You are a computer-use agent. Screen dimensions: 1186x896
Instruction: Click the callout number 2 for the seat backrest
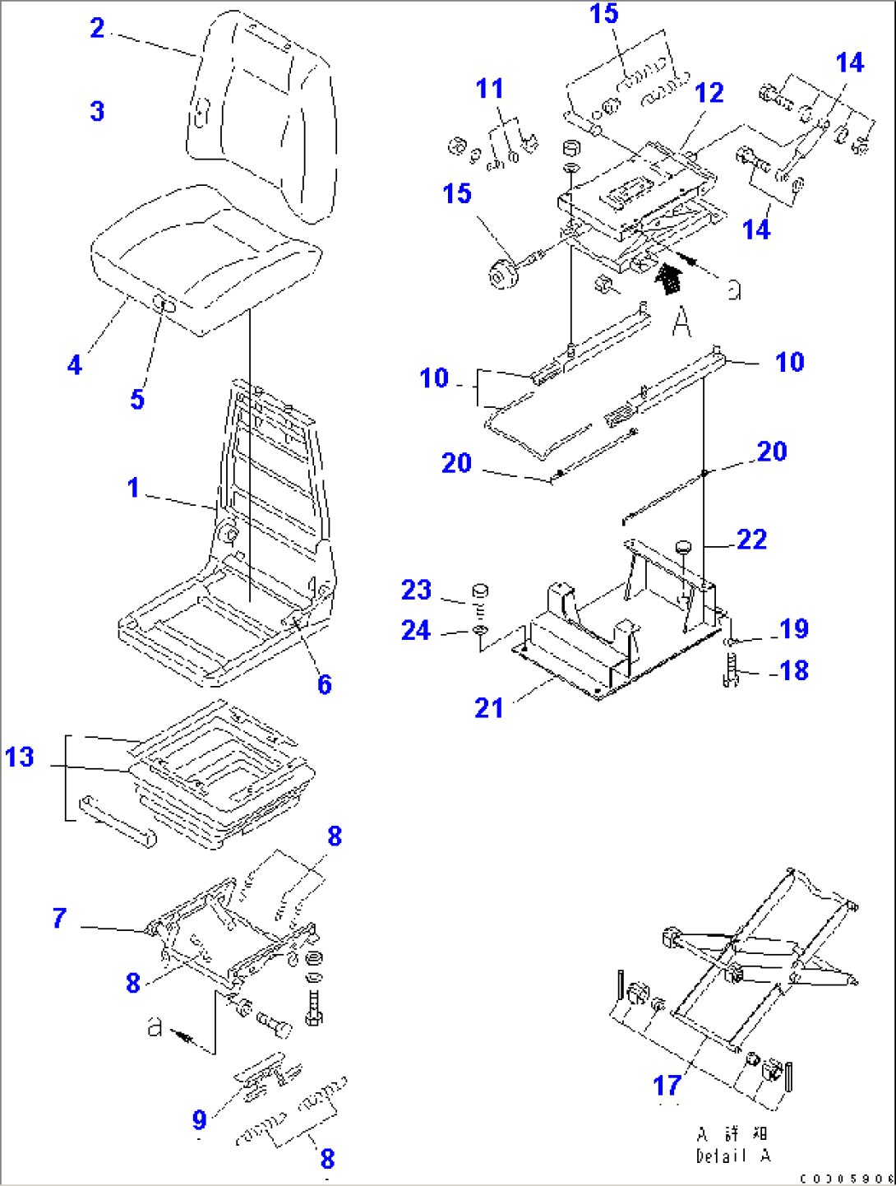tap(97, 29)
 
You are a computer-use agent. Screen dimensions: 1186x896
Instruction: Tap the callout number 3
tap(97, 111)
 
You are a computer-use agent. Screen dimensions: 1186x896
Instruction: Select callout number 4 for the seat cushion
tap(75, 364)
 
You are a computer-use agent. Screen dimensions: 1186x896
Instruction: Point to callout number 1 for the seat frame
tap(133, 488)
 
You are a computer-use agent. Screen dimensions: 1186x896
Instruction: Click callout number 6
tap(325, 683)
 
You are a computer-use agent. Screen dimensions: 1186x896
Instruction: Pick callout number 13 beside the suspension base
tap(20, 757)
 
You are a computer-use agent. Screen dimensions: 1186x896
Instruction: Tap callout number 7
tap(59, 918)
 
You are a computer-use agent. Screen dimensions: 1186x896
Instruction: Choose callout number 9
tap(200, 1119)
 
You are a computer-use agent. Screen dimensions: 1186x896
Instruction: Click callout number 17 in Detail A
tap(667, 1086)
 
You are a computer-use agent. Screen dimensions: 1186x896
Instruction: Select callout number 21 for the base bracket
tap(489, 707)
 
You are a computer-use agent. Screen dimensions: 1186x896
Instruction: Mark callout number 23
tap(416, 589)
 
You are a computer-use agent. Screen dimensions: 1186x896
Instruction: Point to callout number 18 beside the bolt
tap(794, 670)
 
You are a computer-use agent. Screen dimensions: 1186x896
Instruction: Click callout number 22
tap(751, 539)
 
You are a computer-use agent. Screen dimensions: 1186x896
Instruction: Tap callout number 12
tap(709, 93)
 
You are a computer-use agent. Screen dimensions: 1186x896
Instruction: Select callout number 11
tap(490, 88)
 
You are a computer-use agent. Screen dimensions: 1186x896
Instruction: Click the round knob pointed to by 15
tap(501, 274)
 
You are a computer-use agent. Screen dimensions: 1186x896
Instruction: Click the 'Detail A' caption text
tap(733, 1156)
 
